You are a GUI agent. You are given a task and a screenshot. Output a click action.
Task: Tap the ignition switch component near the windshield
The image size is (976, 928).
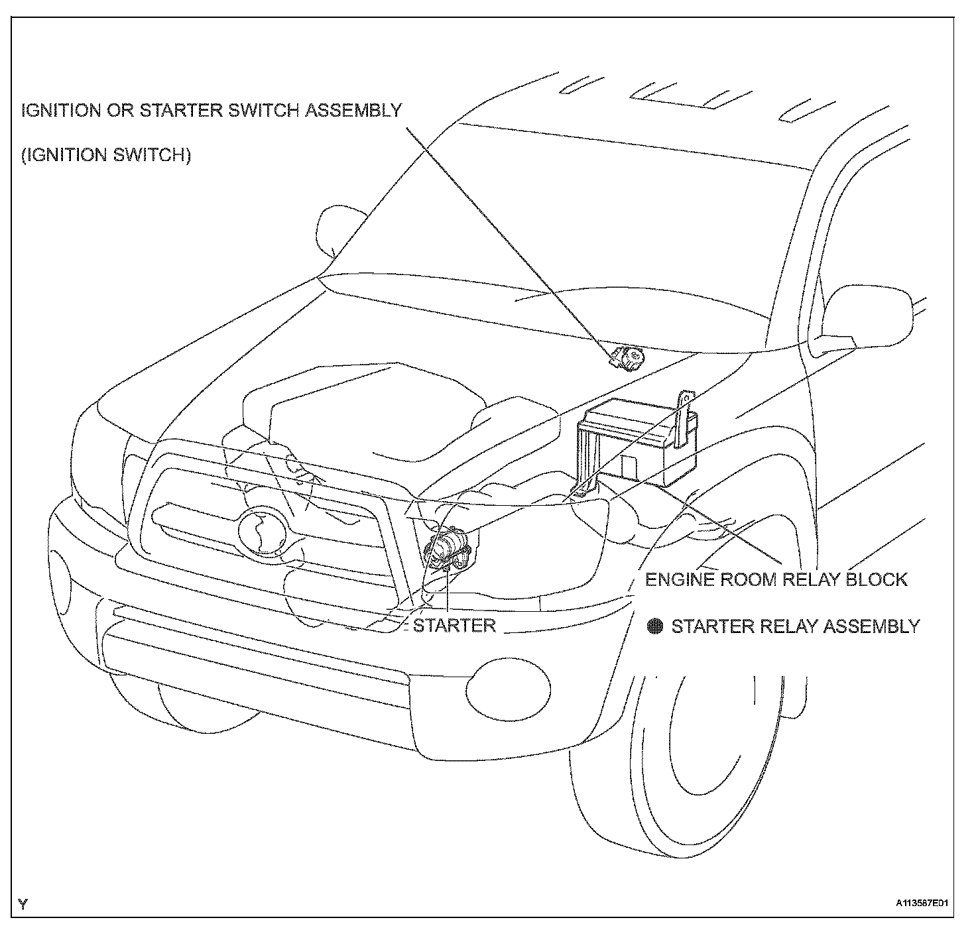[627, 358]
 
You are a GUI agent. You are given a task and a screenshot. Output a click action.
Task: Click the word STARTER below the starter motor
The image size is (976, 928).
[454, 625]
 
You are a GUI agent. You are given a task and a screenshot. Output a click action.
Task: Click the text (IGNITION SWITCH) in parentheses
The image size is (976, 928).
[106, 155]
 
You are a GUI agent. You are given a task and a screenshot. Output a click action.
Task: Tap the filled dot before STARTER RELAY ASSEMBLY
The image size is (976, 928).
[656, 626]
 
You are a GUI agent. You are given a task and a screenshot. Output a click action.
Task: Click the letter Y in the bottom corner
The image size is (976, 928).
[24, 903]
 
